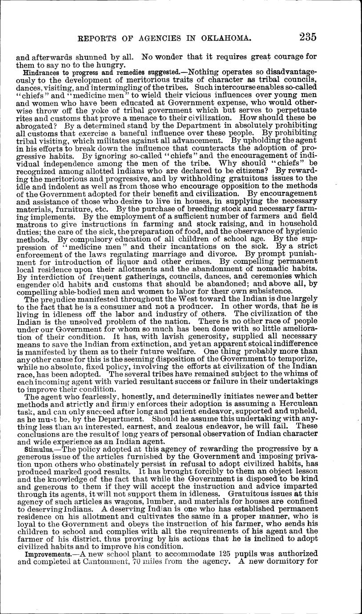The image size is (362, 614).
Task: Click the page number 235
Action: [x=308, y=37]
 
